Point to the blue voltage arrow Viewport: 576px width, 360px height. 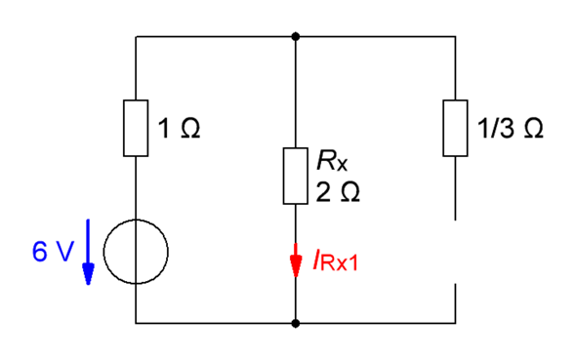click(88, 252)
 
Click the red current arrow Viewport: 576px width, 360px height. click(296, 260)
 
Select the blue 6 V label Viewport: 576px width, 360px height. click(53, 252)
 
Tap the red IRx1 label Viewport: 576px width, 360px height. click(336, 260)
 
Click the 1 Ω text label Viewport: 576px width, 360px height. click(179, 128)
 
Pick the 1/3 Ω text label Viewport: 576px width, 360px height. click(510, 128)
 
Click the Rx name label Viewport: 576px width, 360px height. click(332, 160)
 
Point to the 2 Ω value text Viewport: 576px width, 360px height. click(338, 191)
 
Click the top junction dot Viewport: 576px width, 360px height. click(296, 37)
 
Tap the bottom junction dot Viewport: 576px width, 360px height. click(296, 323)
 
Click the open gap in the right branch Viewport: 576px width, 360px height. click(456, 252)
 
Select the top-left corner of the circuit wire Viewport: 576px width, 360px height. click(136, 37)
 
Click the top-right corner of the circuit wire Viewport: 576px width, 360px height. click(456, 37)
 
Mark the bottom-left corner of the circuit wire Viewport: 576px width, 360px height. click(136, 323)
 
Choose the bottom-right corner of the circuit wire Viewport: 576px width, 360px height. click(456, 323)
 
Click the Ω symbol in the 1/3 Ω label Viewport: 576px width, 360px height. click(534, 129)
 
